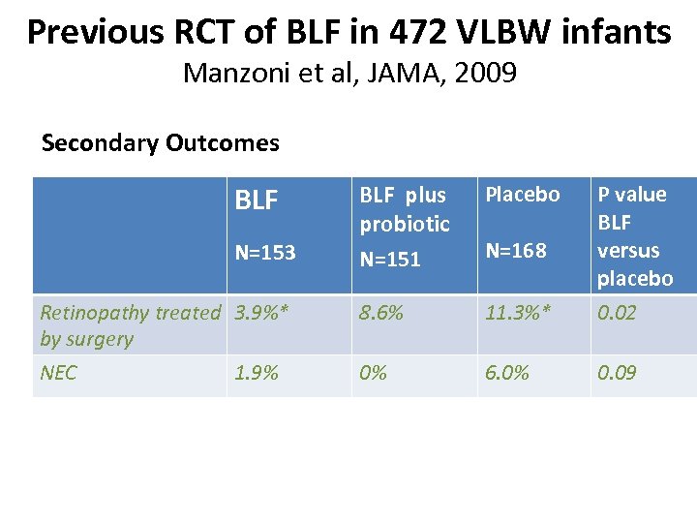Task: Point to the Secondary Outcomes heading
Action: click(x=161, y=143)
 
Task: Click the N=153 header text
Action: click(x=265, y=252)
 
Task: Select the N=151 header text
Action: click(x=390, y=259)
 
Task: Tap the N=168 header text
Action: click(x=516, y=250)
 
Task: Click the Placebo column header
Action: click(x=523, y=194)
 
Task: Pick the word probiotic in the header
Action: click(x=405, y=224)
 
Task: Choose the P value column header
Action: click(x=632, y=194)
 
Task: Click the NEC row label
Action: click(x=58, y=373)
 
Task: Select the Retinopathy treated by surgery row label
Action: click(x=130, y=325)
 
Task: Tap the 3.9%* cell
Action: click(x=261, y=313)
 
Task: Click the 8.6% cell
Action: click(x=381, y=313)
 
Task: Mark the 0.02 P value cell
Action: click(x=617, y=313)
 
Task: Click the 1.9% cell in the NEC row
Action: click(x=257, y=373)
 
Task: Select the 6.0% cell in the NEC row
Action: click(x=507, y=373)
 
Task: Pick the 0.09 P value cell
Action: click(x=617, y=373)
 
